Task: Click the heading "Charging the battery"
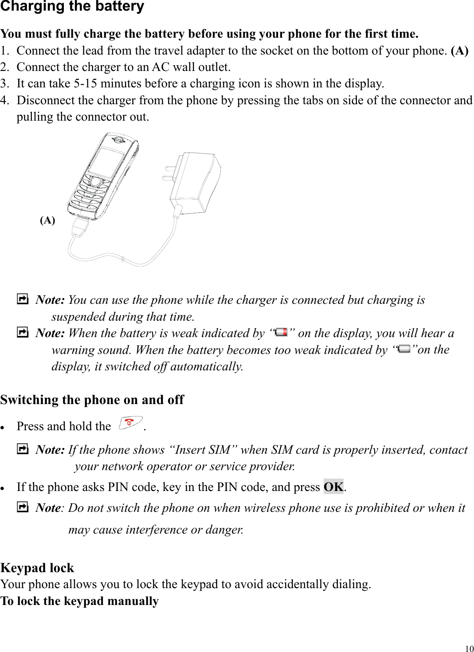click(x=72, y=7)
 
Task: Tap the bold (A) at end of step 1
click(x=459, y=51)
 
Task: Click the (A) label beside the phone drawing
click(x=47, y=220)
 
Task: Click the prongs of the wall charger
click(x=169, y=173)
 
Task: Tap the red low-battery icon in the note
click(x=282, y=332)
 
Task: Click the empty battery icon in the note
click(x=404, y=349)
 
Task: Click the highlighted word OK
click(x=333, y=487)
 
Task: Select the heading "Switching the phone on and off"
click(x=92, y=400)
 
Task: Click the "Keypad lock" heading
click(x=37, y=568)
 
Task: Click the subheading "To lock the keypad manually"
click(x=79, y=601)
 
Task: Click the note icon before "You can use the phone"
click(x=22, y=300)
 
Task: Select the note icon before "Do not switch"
click(x=22, y=507)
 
